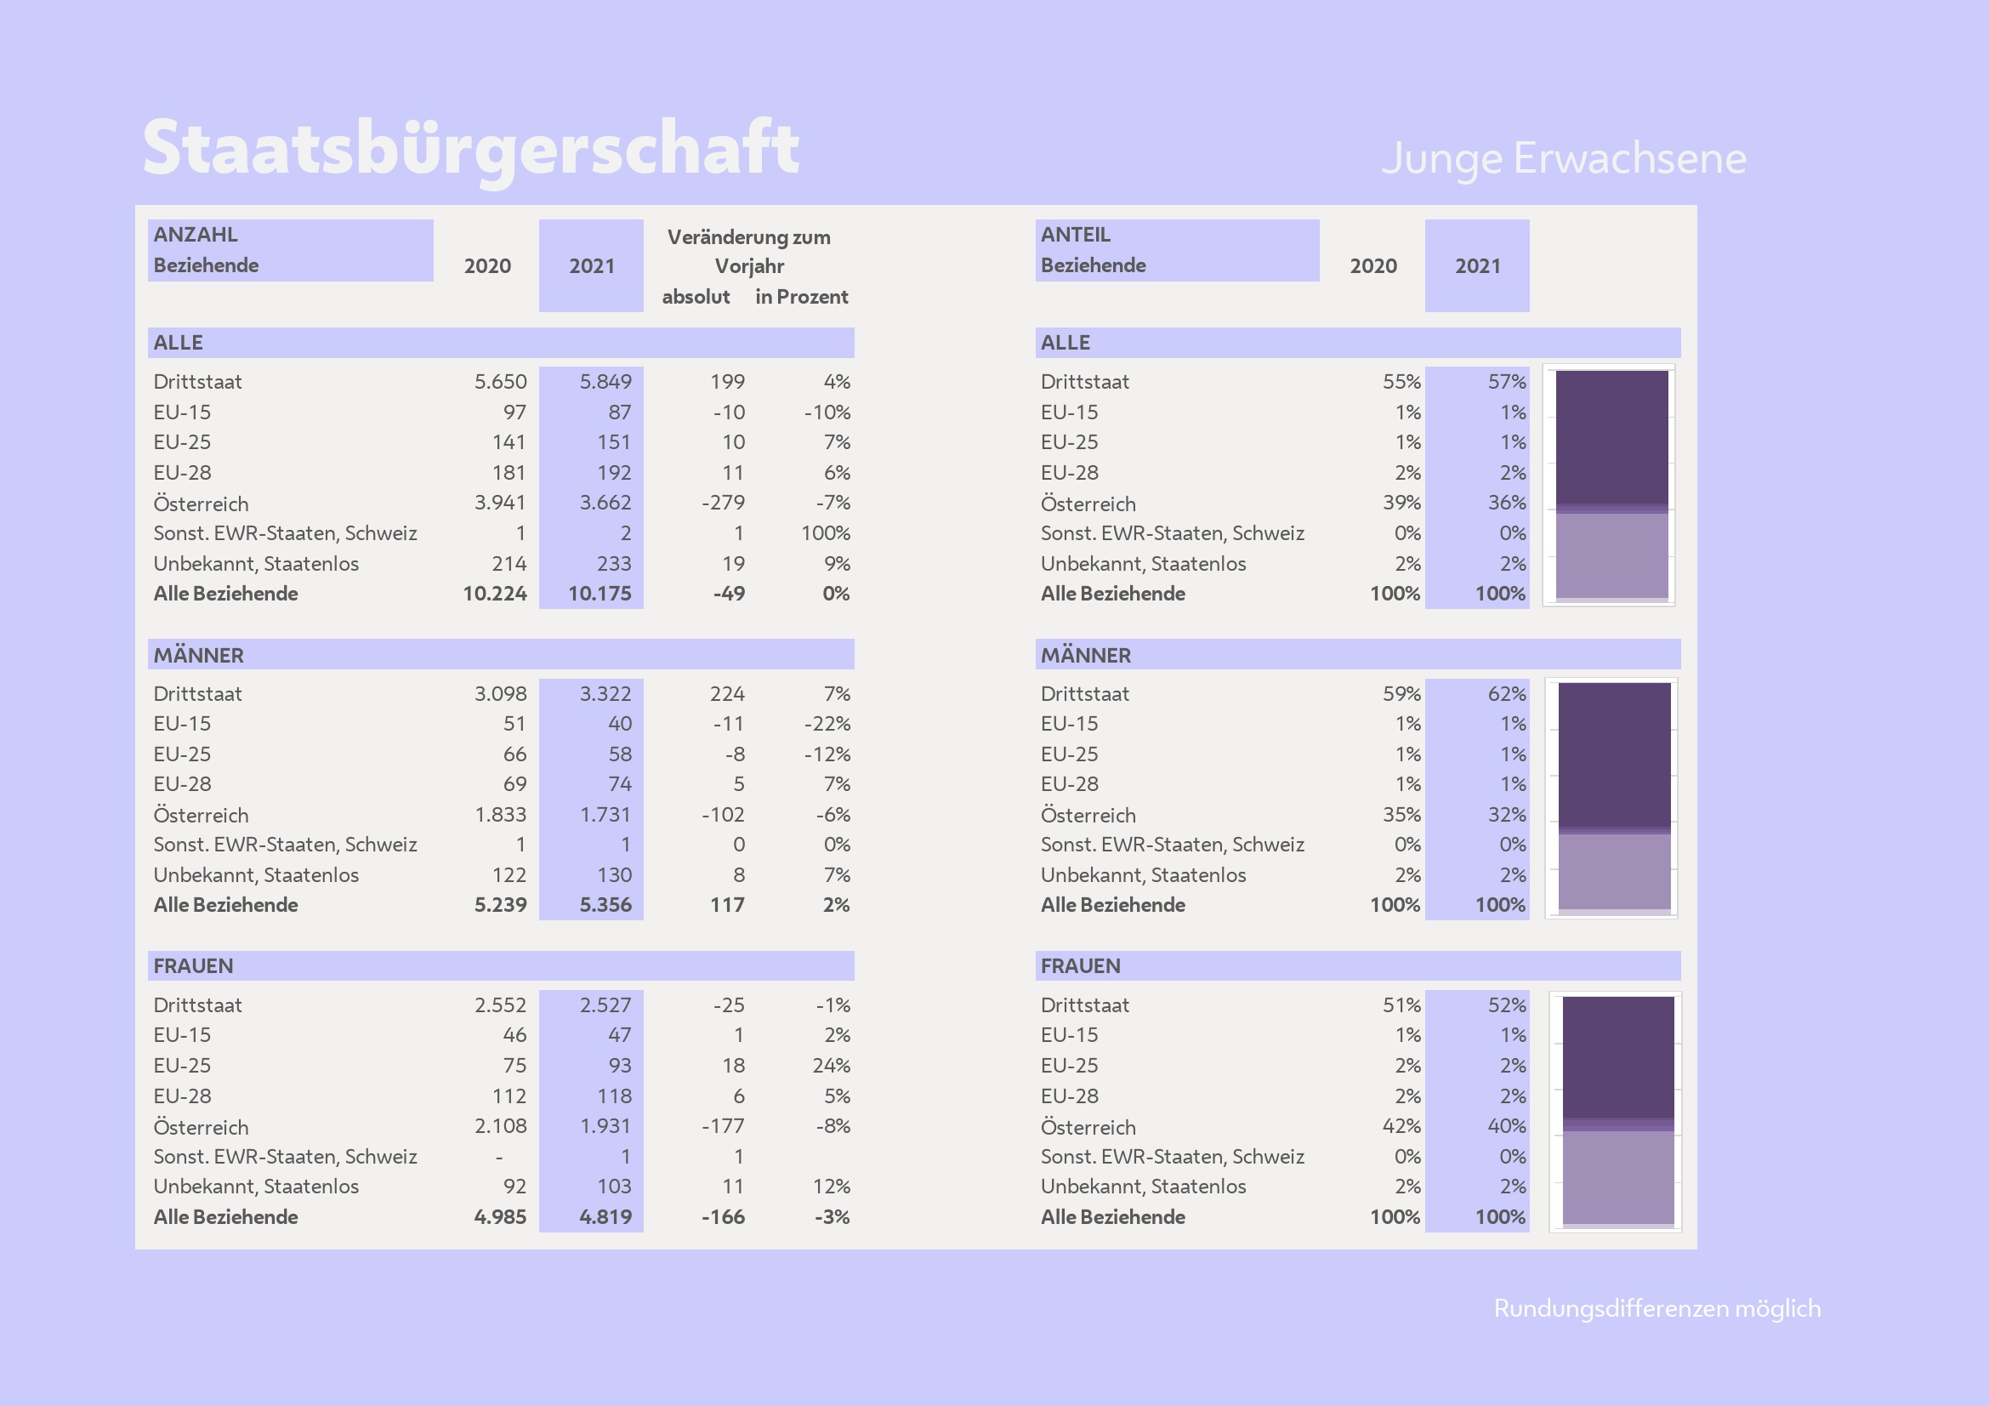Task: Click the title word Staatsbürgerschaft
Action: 470,148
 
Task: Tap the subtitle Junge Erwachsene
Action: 1563,158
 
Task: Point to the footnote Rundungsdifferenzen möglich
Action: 1657,1308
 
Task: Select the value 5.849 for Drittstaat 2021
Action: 605,381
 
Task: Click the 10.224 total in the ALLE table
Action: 495,594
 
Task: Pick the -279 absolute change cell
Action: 723,503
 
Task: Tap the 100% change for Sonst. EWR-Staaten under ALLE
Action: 825,532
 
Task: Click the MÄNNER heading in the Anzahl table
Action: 198,655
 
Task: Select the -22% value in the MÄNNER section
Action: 827,723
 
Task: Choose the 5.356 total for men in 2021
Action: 605,904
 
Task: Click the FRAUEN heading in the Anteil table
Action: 1080,966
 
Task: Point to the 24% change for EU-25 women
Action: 831,1066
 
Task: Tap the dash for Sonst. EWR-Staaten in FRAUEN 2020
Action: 499,1158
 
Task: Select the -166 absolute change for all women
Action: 723,1216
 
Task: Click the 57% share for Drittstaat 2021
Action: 1507,381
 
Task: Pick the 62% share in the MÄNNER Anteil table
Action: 1507,694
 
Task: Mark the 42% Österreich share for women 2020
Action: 1401,1126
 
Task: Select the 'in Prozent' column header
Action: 801,296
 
